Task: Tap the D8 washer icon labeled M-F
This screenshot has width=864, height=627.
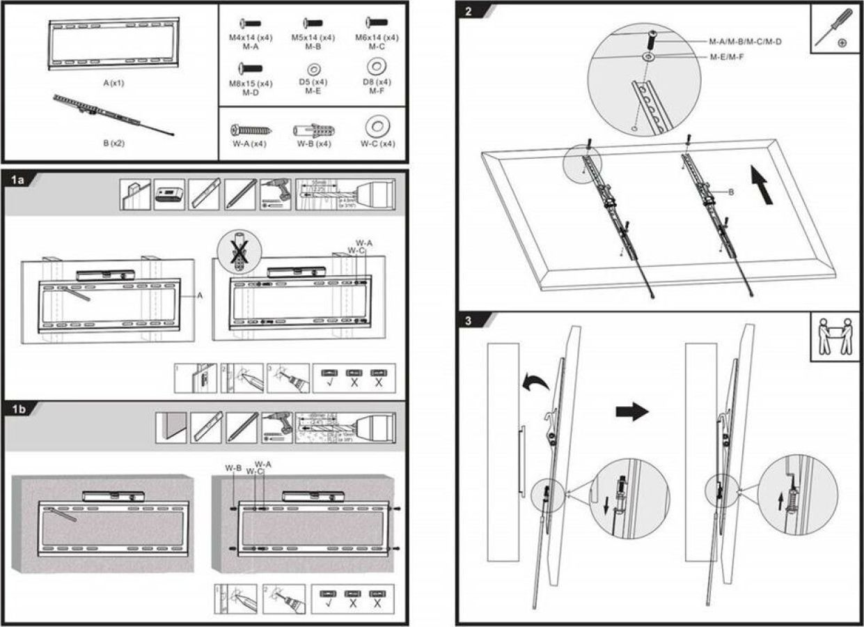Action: coord(378,67)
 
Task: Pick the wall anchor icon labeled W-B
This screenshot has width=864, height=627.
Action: coord(313,130)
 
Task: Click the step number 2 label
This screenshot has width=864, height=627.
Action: coord(469,12)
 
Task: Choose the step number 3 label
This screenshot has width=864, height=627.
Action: coord(469,321)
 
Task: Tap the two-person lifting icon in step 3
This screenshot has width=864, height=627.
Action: coord(835,336)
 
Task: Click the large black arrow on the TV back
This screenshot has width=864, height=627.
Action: coord(764,185)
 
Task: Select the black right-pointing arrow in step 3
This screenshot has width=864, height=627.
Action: coord(631,412)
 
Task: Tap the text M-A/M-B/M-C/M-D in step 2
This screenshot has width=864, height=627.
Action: coord(744,42)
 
